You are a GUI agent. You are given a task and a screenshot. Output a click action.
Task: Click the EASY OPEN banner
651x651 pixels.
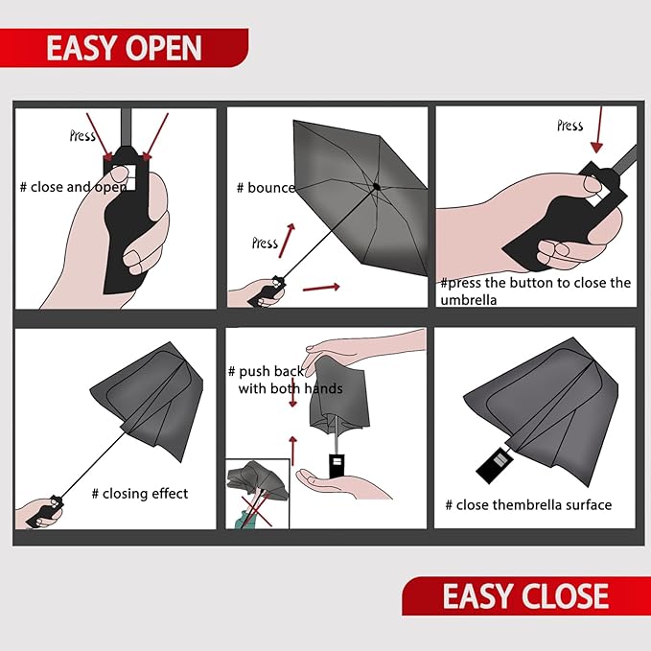click(124, 47)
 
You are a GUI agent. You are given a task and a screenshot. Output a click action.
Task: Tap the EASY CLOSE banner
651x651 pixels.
click(525, 595)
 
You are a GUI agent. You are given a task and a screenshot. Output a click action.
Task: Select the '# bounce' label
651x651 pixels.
click(266, 188)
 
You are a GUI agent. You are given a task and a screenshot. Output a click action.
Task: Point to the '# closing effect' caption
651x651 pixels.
click(139, 494)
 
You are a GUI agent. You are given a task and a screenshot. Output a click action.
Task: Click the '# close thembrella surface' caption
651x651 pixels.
click(527, 505)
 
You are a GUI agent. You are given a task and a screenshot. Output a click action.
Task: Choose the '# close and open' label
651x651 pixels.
click(72, 187)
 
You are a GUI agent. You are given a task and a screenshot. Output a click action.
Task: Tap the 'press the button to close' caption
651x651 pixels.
click(535, 291)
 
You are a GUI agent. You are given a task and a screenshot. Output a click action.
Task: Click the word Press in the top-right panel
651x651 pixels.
click(570, 126)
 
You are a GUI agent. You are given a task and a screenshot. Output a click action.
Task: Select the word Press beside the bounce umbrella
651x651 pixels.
click(265, 243)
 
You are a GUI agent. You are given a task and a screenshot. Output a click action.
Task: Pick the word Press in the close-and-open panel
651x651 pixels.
click(82, 136)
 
